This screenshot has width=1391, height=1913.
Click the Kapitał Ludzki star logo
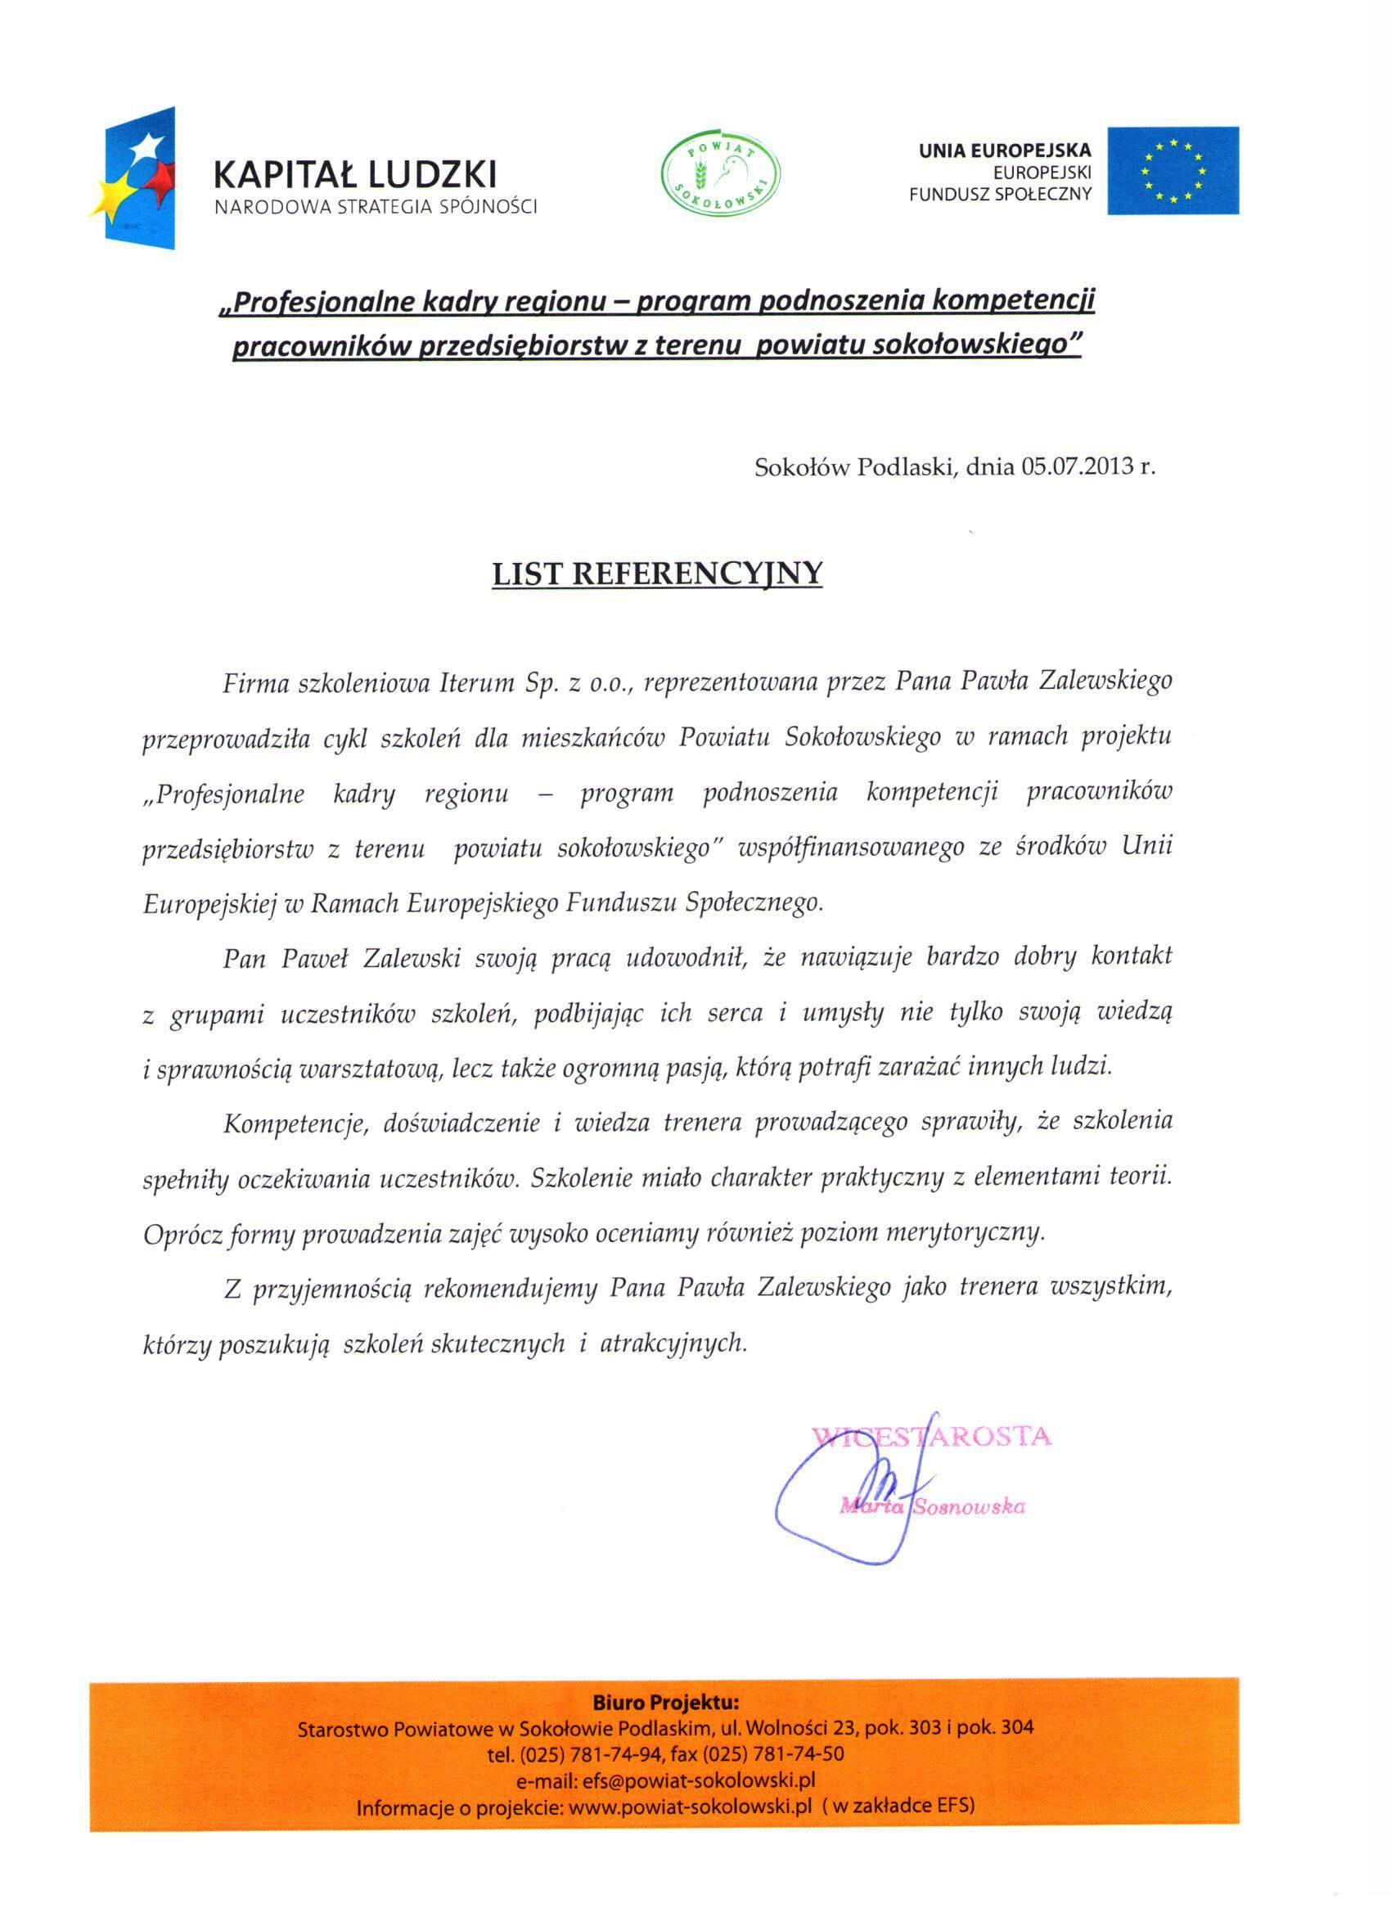coord(140,178)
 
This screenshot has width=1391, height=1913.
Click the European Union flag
coord(1172,170)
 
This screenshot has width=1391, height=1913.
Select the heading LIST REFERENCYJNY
coord(657,573)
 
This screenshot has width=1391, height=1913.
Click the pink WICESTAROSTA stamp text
coord(931,1436)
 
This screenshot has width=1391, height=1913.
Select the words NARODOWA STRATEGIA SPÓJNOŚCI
coord(376,207)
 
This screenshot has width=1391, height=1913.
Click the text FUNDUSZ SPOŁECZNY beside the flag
coord(1000,194)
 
